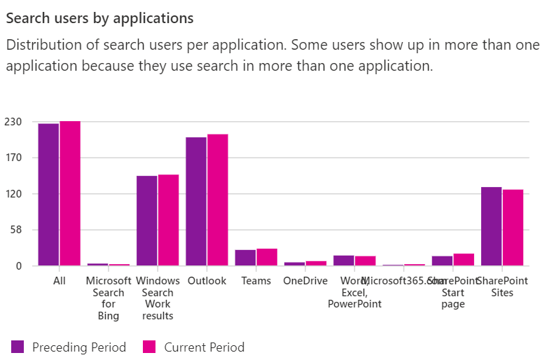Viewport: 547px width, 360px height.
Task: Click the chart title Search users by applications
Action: (x=99, y=18)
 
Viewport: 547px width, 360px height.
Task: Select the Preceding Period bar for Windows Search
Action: (x=146, y=221)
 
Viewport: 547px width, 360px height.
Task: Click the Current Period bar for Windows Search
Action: (x=168, y=220)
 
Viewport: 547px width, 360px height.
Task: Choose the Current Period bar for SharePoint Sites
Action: (x=513, y=228)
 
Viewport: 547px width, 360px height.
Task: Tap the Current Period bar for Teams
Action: (x=267, y=257)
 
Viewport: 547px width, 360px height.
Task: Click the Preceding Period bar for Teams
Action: (x=245, y=258)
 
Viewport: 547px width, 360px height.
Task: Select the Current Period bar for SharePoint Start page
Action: (x=464, y=260)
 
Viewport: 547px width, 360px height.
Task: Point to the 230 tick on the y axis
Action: (x=15, y=122)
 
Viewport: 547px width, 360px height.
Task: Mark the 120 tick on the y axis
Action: (x=15, y=194)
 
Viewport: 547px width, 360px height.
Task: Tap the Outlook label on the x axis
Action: (x=207, y=281)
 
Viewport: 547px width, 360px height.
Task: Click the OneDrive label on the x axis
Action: (x=305, y=281)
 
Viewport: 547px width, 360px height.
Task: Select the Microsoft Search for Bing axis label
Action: (x=109, y=298)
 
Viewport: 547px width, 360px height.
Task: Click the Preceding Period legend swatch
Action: (x=18, y=347)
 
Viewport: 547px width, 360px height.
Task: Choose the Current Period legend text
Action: (x=204, y=347)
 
